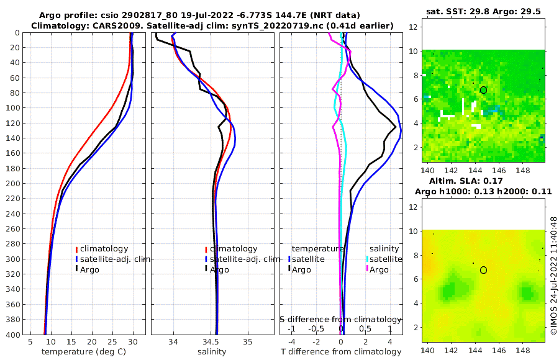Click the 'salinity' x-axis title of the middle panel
(212, 352)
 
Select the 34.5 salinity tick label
(211, 342)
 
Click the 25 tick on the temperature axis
(112, 342)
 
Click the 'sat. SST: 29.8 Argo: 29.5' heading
(483, 11)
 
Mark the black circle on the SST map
(483, 90)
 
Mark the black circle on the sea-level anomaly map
(483, 270)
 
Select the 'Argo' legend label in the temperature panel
(90, 269)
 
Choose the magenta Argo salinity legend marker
(367, 269)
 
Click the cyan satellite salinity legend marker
(367, 259)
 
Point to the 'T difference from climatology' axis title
(341, 352)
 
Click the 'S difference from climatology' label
(341, 319)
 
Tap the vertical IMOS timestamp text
(553, 276)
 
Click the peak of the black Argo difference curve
(396, 127)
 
